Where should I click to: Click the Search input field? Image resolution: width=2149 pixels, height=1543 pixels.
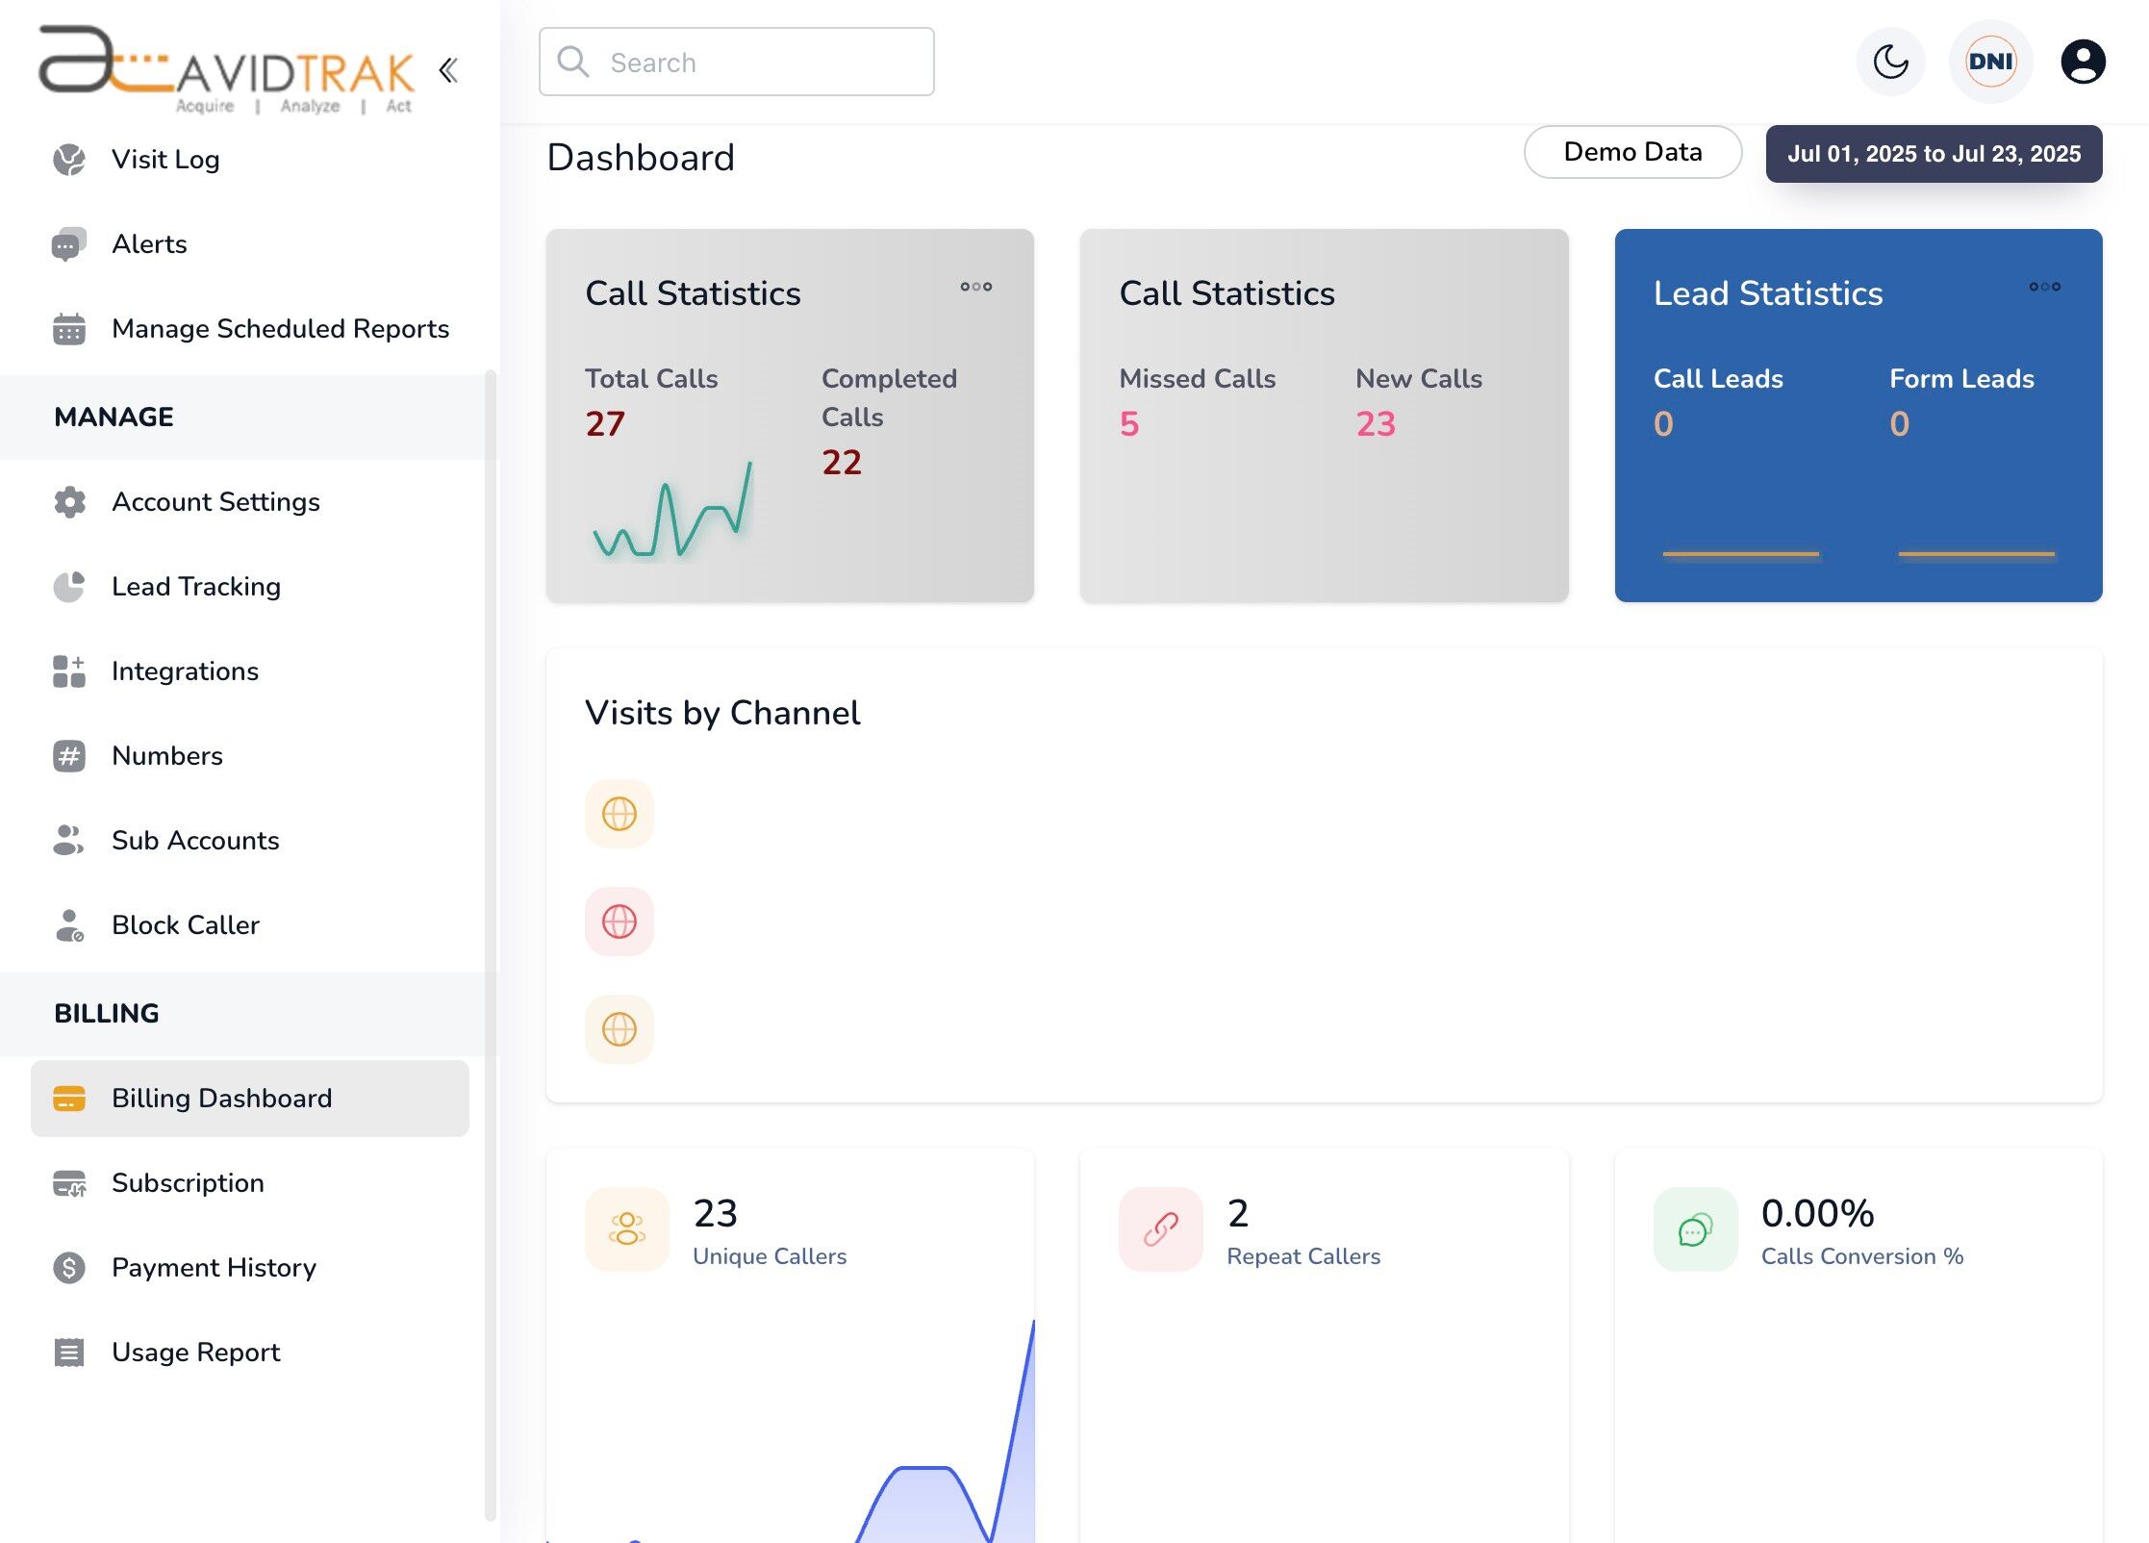click(736, 63)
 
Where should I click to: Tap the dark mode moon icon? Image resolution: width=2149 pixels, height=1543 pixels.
click(1890, 63)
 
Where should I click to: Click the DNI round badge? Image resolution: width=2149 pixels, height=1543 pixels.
click(1990, 63)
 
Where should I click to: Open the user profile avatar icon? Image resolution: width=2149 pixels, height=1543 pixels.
click(2083, 63)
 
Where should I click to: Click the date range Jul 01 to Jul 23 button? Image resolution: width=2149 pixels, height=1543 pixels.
click(1934, 154)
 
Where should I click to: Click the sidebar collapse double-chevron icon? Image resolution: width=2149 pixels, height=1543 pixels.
click(448, 70)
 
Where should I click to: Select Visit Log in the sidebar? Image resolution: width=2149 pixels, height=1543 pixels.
click(165, 160)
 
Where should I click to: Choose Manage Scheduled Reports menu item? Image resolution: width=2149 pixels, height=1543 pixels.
click(280, 329)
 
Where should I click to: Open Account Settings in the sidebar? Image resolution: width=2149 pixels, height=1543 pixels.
click(215, 502)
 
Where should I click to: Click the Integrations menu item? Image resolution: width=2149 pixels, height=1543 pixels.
click(185, 671)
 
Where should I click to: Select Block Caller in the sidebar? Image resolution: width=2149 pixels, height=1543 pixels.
click(186, 925)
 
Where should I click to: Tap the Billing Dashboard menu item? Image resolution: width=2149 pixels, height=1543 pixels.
click(221, 1099)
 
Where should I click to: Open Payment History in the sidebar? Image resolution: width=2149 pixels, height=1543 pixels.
click(214, 1268)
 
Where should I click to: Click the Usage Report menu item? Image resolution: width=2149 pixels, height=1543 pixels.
click(195, 1353)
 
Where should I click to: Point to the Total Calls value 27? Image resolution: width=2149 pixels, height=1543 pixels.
click(605, 424)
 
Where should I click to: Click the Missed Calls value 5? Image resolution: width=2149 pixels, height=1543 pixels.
click(1129, 424)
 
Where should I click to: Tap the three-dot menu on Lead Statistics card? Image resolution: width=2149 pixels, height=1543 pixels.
click(2044, 287)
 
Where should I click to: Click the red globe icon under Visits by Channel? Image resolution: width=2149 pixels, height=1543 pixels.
click(619, 922)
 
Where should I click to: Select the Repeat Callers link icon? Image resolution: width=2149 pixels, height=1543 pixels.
click(1161, 1229)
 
